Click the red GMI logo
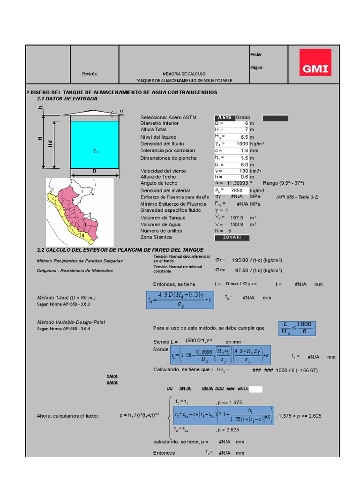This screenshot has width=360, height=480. click(x=315, y=62)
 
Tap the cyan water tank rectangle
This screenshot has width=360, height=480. click(x=94, y=144)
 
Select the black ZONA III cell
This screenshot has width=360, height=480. click(x=232, y=238)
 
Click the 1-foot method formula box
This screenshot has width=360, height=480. click(x=180, y=300)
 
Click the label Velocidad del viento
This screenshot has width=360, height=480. click(x=163, y=171)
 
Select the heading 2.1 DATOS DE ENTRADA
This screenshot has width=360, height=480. click(x=67, y=99)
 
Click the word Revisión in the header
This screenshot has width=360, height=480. click(x=90, y=74)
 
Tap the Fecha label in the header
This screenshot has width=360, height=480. click(x=256, y=55)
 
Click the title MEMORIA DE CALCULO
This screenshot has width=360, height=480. click(x=184, y=74)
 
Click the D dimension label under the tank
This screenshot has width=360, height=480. click(x=94, y=172)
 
